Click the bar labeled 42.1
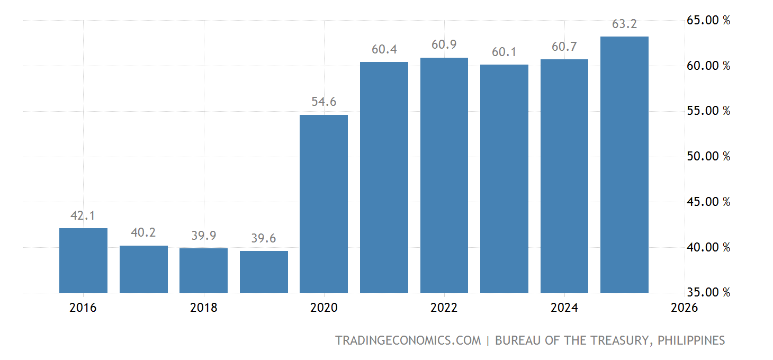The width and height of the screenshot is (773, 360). [83, 260]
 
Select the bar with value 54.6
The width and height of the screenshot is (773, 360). [323, 203]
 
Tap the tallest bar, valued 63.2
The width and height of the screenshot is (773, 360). [624, 164]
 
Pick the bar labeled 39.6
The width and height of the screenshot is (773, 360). [264, 272]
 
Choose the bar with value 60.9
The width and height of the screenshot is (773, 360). [444, 175]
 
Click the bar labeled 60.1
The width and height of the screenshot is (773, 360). [504, 178]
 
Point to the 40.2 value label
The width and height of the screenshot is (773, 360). [143, 232]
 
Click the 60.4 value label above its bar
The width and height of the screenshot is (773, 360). [384, 49]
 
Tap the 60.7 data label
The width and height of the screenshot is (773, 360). [564, 47]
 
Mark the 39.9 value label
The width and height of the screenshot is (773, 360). [203, 236]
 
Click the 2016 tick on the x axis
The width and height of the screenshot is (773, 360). [83, 308]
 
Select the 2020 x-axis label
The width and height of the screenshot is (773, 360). [323, 308]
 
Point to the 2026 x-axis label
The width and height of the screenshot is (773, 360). [684, 308]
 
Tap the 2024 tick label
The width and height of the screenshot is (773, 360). [564, 308]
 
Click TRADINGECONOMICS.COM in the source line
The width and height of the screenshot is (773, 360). [408, 340]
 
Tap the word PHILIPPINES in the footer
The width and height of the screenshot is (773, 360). [691, 340]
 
